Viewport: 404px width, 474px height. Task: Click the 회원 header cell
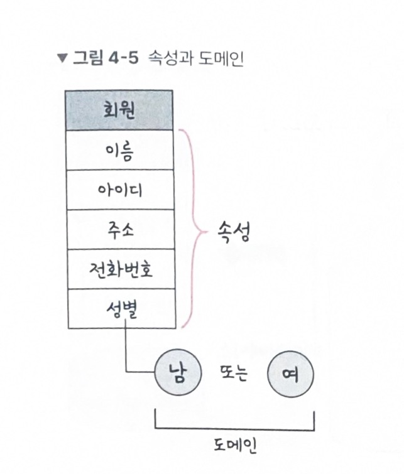tap(119, 110)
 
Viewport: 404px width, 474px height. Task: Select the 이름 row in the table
tap(119, 151)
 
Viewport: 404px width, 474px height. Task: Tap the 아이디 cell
tap(119, 190)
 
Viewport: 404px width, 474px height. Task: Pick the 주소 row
tap(119, 230)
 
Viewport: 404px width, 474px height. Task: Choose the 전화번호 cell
tap(119, 269)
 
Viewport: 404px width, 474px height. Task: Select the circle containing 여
tap(290, 375)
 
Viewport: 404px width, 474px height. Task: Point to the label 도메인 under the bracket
tap(234, 446)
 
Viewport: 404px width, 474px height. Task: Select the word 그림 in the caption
tap(88, 59)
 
